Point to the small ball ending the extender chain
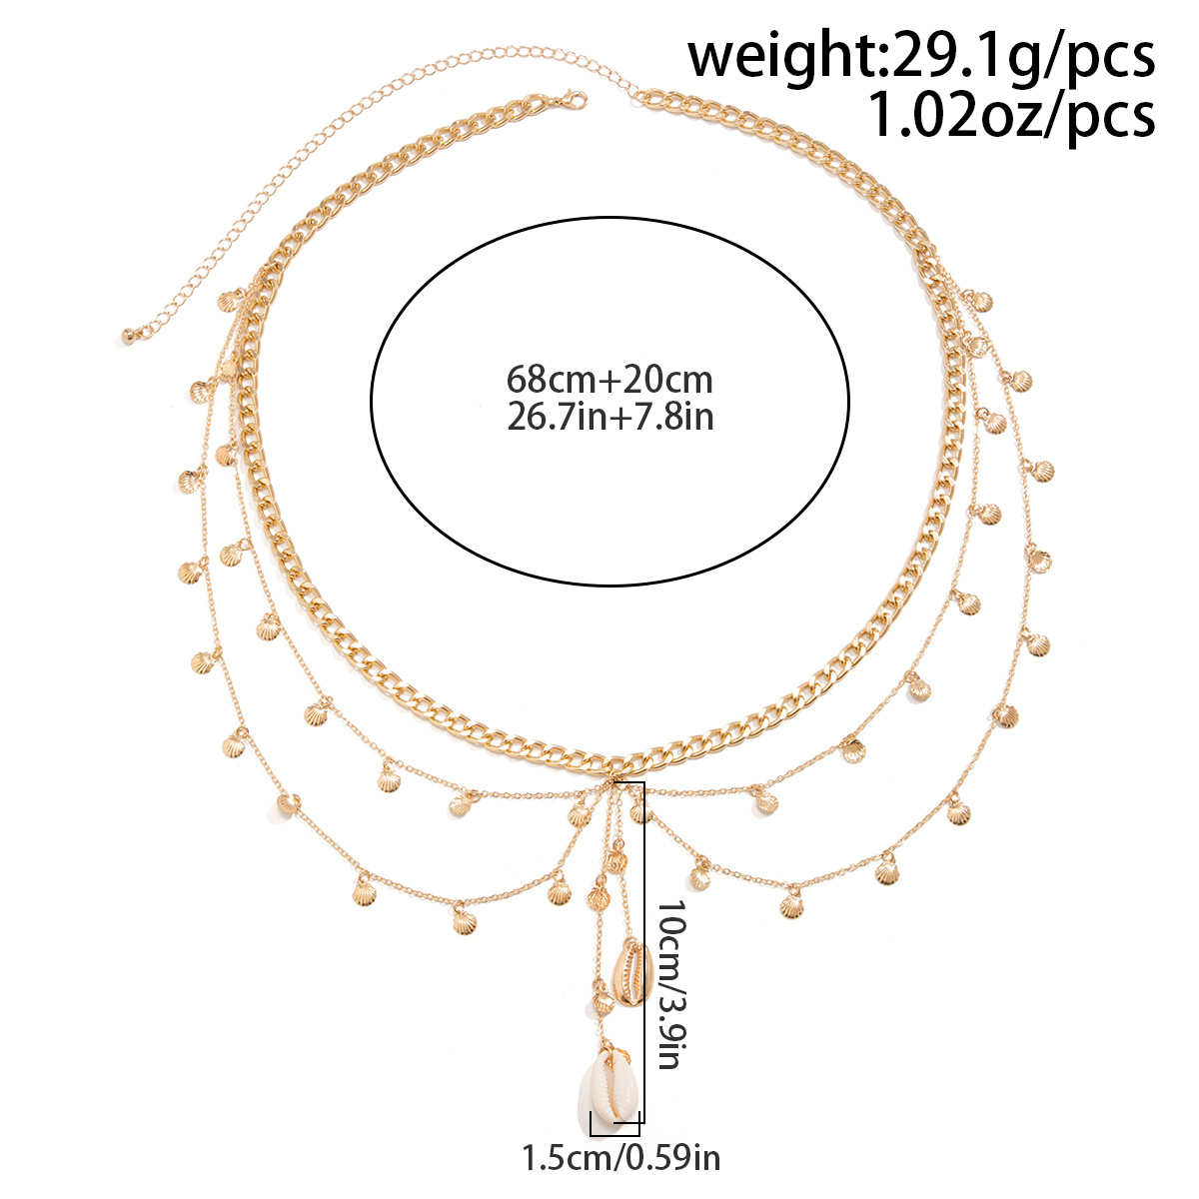(x=128, y=337)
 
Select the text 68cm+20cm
(x=609, y=379)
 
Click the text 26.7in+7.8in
(x=609, y=416)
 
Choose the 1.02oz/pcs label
(x=1010, y=115)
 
